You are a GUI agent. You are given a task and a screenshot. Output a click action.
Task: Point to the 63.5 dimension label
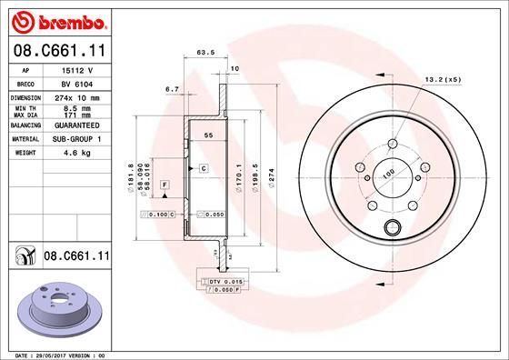coord(205,54)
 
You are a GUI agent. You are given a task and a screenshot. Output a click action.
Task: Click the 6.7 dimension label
coord(170,89)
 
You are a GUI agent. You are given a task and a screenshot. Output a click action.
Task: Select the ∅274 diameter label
coord(272,171)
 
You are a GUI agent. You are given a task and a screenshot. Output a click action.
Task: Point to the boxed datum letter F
coord(165,185)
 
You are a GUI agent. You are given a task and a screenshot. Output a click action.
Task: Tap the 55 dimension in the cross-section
coord(208,135)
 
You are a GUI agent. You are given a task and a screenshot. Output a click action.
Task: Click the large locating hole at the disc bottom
coord(394,229)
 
